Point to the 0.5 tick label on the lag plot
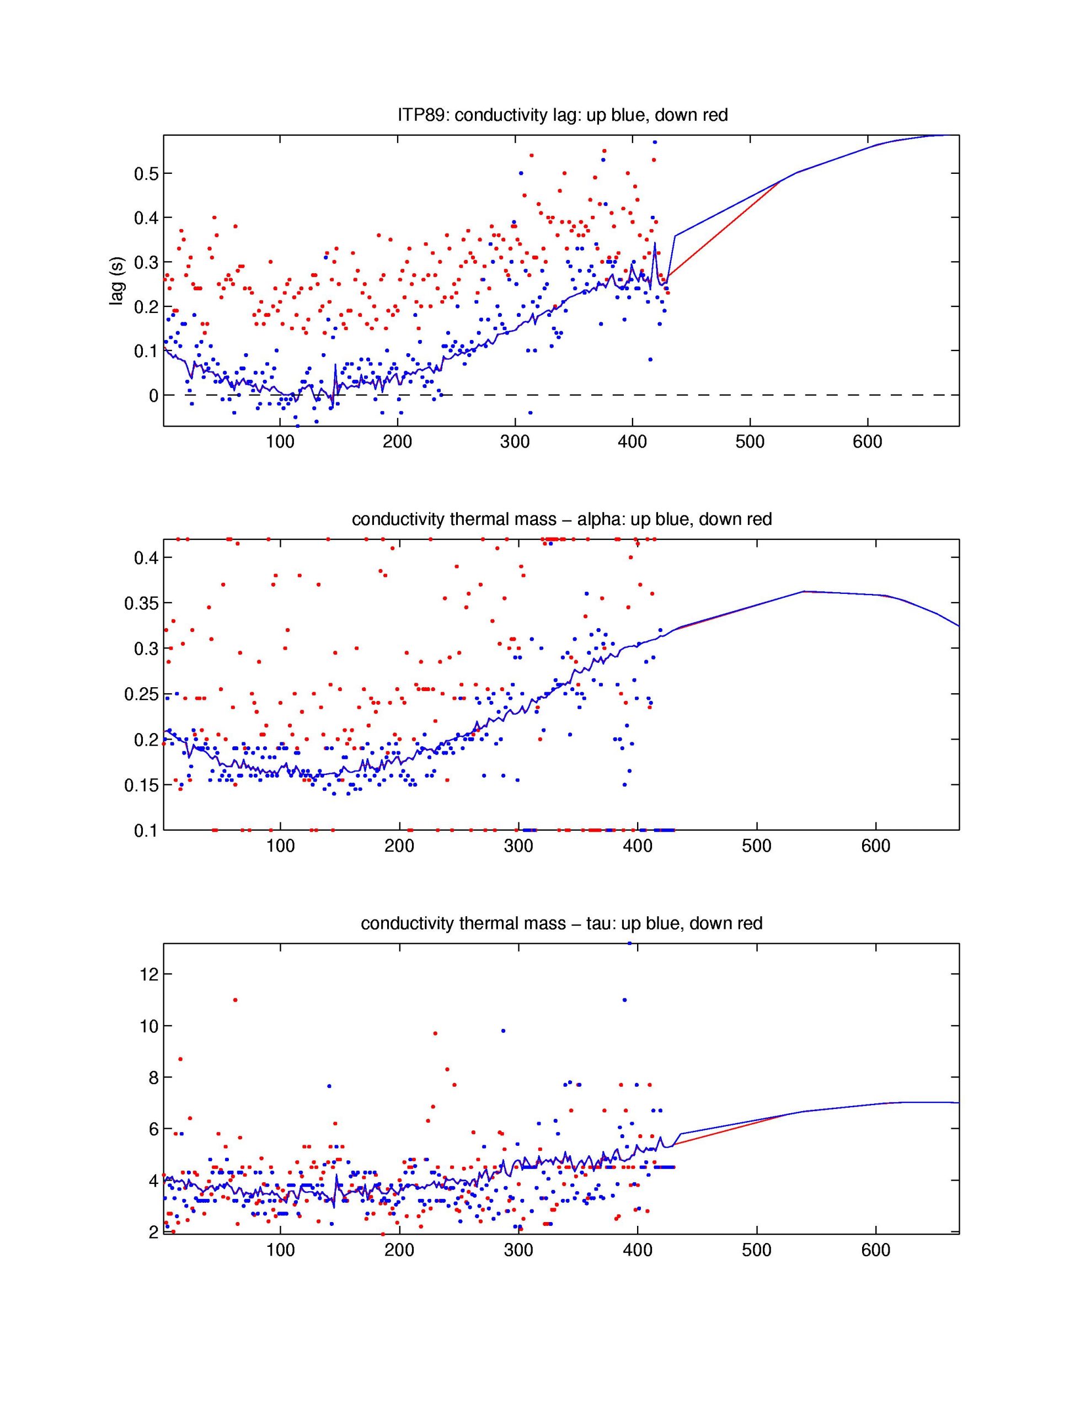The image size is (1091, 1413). click(146, 173)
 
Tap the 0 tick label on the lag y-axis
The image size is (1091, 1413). click(153, 395)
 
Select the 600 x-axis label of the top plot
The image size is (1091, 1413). click(867, 442)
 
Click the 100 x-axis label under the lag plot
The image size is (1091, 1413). click(280, 442)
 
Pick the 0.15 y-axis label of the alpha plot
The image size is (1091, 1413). click(140, 785)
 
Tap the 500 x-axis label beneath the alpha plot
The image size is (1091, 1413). click(756, 846)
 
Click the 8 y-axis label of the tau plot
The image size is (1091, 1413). click(153, 1077)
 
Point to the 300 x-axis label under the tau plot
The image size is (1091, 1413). click(518, 1250)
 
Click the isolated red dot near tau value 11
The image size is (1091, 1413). click(236, 1000)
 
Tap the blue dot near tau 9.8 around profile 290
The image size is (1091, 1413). click(503, 1030)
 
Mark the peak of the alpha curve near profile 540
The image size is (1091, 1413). click(803, 591)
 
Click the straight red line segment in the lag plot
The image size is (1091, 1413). click(724, 230)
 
